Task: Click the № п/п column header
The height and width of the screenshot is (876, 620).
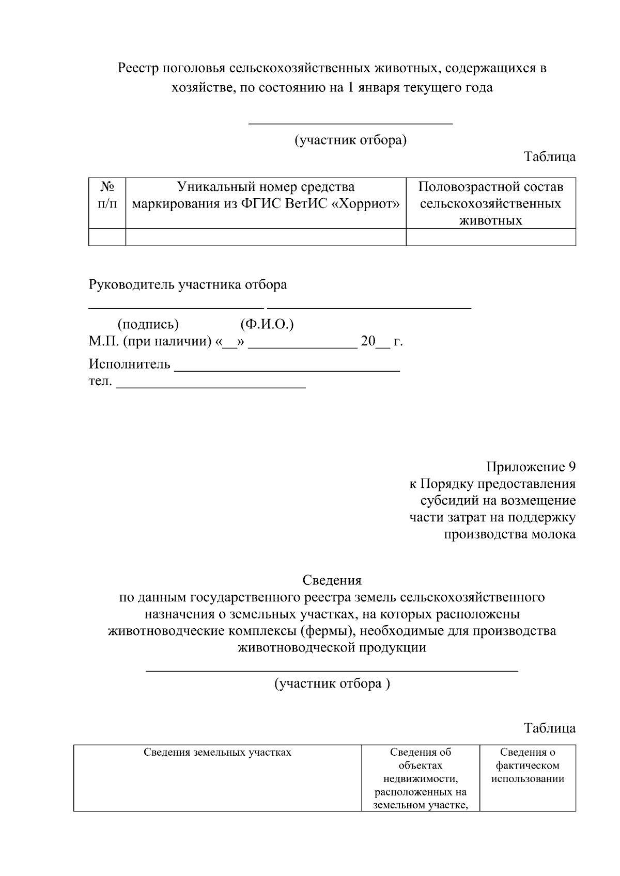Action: pyautogui.click(x=107, y=195)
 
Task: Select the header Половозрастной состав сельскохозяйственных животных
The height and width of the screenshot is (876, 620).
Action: pyautogui.click(x=490, y=203)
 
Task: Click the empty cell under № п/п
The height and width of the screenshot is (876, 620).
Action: pyautogui.click(x=107, y=237)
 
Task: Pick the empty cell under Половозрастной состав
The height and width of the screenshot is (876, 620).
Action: pyautogui.click(x=490, y=237)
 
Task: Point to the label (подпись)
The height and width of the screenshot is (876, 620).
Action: pyautogui.click(x=148, y=324)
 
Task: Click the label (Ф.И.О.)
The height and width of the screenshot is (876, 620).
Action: pyautogui.click(x=267, y=324)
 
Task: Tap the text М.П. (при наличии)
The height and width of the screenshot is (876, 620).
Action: pyautogui.click(x=150, y=342)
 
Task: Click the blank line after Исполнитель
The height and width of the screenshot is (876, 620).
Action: pyautogui.click(x=287, y=368)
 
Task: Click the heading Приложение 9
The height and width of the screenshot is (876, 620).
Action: pyautogui.click(x=531, y=467)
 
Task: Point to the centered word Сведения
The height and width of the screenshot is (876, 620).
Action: pyautogui.click(x=332, y=580)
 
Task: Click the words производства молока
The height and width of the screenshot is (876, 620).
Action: pyautogui.click(x=509, y=534)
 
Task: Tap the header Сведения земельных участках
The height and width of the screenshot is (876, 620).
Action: pyautogui.click(x=217, y=753)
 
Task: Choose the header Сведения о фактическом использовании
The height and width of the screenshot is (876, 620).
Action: pyautogui.click(x=528, y=766)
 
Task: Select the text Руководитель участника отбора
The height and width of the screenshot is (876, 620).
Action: pyautogui.click(x=188, y=285)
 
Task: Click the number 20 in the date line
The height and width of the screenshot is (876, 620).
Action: pyautogui.click(x=367, y=342)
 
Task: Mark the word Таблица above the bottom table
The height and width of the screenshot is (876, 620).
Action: pyautogui.click(x=550, y=728)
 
